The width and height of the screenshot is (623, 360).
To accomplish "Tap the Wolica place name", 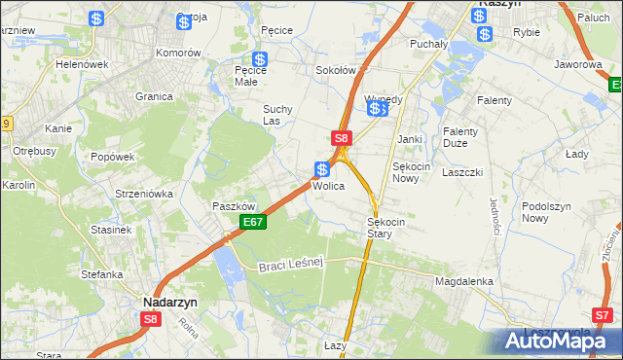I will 328,185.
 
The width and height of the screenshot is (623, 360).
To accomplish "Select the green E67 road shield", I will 253,223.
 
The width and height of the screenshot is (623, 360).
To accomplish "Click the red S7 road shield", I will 604,314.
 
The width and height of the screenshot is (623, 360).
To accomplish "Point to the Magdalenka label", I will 464,281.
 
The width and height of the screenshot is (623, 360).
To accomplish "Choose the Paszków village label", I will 234,206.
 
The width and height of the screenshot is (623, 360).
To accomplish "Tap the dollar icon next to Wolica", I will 321,169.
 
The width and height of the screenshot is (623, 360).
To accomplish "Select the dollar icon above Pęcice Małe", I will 260,59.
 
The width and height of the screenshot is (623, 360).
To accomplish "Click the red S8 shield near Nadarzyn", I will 150,318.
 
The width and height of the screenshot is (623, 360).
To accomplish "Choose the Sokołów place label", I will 336,71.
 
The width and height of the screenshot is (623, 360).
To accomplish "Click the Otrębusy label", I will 34,151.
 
